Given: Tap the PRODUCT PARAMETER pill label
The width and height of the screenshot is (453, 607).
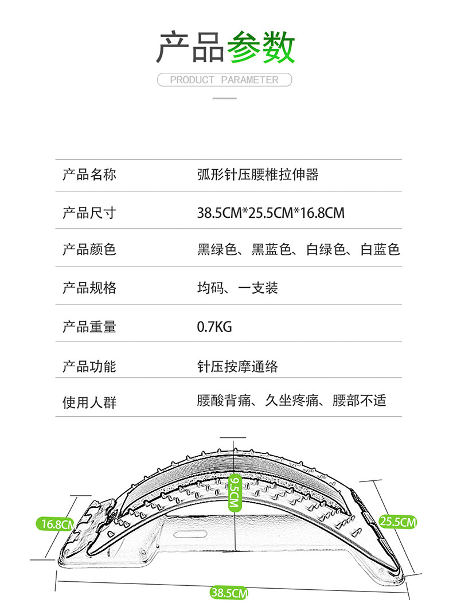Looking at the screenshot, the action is click(x=224, y=80).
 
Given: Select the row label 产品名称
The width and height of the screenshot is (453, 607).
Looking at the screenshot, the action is click(x=89, y=174).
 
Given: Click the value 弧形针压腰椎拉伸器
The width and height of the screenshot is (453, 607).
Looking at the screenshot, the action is click(x=257, y=174).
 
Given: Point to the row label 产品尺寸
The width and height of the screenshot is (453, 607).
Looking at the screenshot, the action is click(x=89, y=213).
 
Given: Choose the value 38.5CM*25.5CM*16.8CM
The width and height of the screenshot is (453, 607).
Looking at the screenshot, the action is click(x=271, y=213).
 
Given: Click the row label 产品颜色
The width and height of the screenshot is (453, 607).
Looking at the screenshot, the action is click(x=89, y=249).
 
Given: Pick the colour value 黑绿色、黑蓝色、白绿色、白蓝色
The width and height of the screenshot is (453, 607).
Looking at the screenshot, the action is click(x=298, y=249).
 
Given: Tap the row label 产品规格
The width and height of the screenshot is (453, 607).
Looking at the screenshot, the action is click(x=89, y=287).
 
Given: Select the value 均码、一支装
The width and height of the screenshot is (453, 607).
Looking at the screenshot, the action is click(x=237, y=287).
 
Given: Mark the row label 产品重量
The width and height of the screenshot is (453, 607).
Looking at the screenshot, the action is click(x=89, y=327).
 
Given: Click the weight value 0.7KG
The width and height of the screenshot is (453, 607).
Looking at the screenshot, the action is click(x=214, y=327).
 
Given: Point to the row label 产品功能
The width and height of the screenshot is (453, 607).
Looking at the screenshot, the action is click(x=89, y=366).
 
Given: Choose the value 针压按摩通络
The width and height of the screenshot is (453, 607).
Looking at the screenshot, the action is click(x=237, y=366).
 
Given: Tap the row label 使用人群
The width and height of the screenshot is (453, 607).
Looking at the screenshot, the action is click(x=89, y=402).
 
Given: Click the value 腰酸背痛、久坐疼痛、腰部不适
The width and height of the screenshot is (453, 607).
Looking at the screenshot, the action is click(x=291, y=400).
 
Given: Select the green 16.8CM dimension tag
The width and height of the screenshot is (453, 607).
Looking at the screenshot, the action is click(x=55, y=523).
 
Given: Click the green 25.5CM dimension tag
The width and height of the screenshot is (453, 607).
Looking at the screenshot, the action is click(x=397, y=522).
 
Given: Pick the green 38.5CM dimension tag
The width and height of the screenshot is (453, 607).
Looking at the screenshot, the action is click(x=228, y=593).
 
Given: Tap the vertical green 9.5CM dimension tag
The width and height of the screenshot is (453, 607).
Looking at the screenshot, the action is click(x=233, y=492).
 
